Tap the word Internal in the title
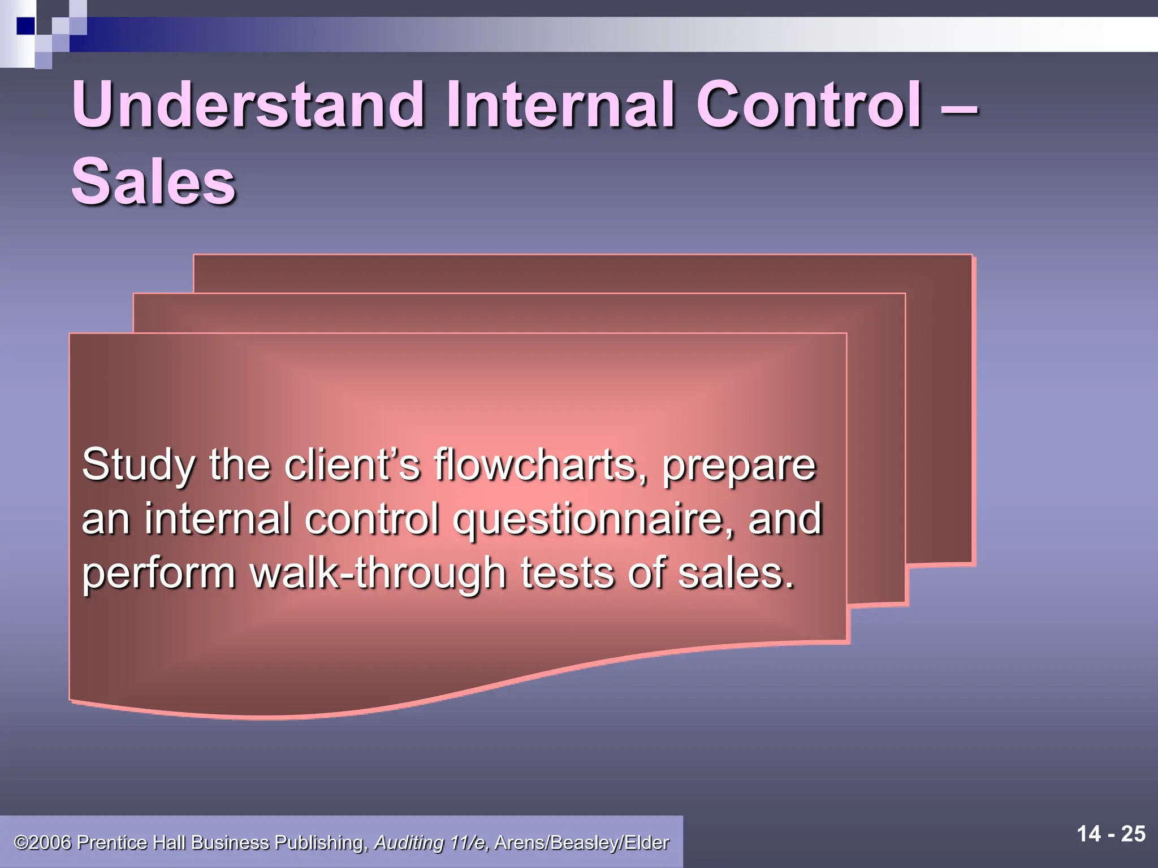[560, 105]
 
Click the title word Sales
[153, 182]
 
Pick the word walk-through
[378, 574]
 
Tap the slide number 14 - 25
[1111, 834]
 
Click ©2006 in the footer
[43, 843]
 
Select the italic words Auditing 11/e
[430, 843]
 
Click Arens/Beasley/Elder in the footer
[581, 843]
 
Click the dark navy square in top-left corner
[25, 26]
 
